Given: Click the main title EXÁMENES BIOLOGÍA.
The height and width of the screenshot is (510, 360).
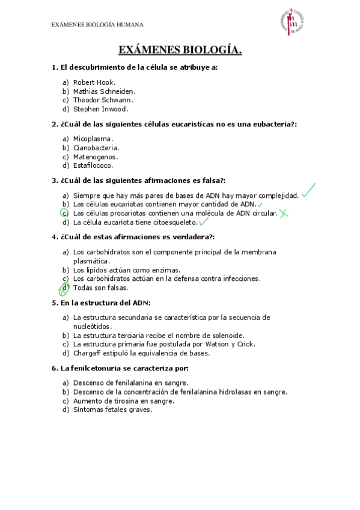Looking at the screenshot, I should (x=180, y=51).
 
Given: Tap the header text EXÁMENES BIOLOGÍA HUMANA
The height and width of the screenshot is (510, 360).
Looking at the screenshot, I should (x=97, y=25).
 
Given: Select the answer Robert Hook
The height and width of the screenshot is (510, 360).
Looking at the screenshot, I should (x=94, y=82).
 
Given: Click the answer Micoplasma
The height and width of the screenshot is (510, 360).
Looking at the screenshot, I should (x=93, y=138).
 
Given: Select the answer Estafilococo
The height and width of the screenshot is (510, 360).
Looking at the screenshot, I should (x=93, y=165).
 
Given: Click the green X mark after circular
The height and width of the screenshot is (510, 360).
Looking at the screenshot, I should (x=284, y=213).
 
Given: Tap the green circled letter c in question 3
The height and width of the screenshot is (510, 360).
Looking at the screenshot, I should (x=65, y=213).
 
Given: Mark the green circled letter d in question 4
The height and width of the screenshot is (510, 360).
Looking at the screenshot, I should (x=64, y=289).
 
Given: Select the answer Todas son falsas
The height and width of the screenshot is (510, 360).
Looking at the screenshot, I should (x=100, y=288).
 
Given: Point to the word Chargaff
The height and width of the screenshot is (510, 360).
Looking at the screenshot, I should (x=88, y=353).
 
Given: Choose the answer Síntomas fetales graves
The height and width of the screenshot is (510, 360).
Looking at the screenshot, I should (x=112, y=410).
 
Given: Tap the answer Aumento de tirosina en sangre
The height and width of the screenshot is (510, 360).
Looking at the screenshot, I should (x=123, y=401).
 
